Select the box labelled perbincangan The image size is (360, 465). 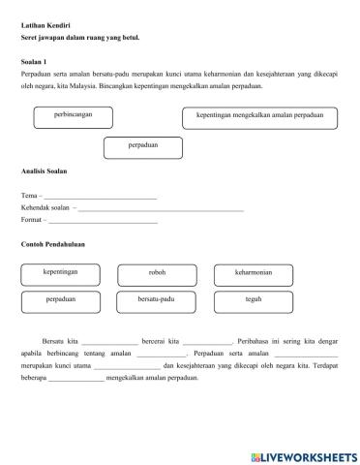tap(72, 117)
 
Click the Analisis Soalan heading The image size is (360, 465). tap(45, 171)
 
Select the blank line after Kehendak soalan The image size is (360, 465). tap(161, 209)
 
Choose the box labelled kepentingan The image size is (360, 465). tap(60, 274)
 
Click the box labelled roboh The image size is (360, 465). tap(157, 274)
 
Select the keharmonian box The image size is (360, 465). tap(254, 274)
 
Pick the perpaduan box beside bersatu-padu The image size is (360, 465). tap(60, 302)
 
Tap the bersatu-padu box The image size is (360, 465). tap(157, 302)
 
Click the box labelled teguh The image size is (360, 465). tap(254, 302)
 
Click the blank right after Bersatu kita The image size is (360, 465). tap(109, 344)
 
